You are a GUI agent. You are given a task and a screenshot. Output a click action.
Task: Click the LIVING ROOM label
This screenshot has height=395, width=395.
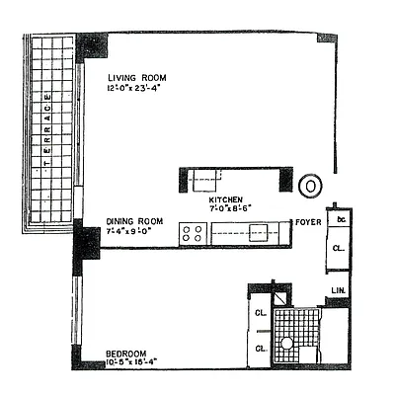[137, 78]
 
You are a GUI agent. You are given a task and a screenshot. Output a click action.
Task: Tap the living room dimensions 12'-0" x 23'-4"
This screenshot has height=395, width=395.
[138, 89]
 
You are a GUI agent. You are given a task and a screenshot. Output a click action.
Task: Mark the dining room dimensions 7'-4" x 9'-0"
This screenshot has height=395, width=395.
[130, 231]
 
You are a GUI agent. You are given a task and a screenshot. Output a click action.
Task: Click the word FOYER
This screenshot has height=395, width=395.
[307, 222]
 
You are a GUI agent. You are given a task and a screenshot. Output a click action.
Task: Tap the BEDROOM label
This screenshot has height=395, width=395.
[128, 353]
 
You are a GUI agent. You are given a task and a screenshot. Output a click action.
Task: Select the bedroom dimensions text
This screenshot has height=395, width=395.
[132, 363]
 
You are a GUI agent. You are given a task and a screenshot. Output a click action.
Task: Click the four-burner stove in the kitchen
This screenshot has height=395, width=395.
[191, 233]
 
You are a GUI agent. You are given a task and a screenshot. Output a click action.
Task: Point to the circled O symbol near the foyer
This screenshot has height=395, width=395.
[310, 185]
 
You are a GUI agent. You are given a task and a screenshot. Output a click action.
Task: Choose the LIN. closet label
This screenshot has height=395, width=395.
[337, 289]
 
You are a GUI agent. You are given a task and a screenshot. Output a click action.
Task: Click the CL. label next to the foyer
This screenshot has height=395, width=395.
[338, 249]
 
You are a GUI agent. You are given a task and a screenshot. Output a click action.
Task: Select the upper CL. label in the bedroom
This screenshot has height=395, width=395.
[261, 314]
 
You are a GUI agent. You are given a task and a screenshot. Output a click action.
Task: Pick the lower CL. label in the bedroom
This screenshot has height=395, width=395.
[261, 348]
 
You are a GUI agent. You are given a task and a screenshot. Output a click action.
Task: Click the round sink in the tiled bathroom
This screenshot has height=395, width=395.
[286, 343]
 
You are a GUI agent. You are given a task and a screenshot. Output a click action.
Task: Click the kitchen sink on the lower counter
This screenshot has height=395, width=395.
[260, 233]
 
